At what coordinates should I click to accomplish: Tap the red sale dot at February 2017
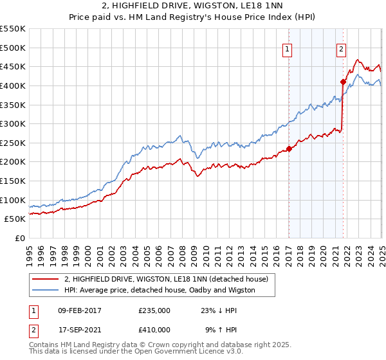(289, 148)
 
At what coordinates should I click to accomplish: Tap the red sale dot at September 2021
(343, 82)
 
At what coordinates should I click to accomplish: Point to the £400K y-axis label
(13, 85)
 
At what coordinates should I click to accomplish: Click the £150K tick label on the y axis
(13, 181)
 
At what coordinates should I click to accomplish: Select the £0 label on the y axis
(19, 238)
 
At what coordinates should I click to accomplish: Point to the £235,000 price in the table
(154, 310)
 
